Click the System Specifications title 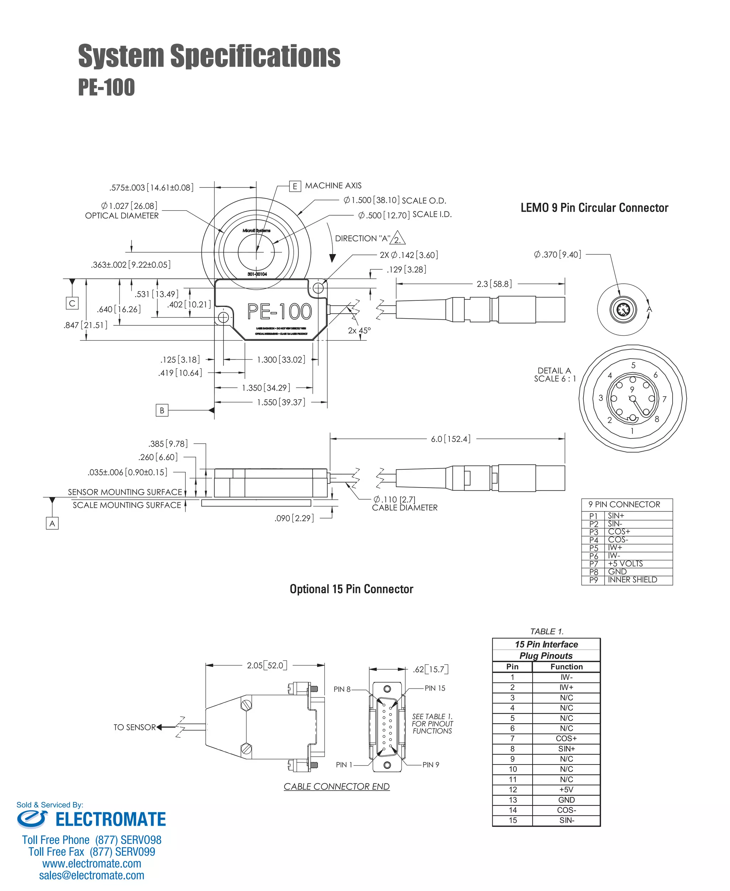pos(209,56)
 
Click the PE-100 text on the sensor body pos(279,311)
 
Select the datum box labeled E pos(295,186)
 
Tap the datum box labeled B pos(162,410)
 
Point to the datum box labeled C pos(72,303)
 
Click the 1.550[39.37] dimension pos(281,402)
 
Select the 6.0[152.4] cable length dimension pos(450,439)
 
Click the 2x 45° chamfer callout pos(359,330)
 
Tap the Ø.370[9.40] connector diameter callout pos(557,254)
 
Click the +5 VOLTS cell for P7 pos(625,563)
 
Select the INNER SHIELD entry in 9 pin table pos(632,580)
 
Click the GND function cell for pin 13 pos(566,800)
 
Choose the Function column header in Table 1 pos(566,666)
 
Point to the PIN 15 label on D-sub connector pos(435,688)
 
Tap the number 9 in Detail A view pos(632,389)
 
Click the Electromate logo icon pos(32,819)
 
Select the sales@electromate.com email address pos(92,875)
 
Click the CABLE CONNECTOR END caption pos(336,786)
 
